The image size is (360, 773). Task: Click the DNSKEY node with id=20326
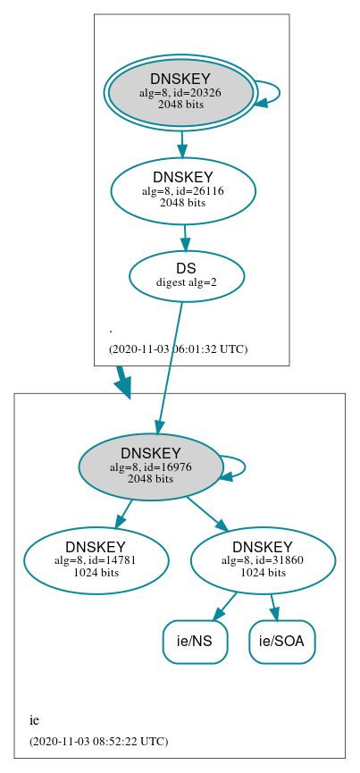pyautogui.click(x=180, y=91)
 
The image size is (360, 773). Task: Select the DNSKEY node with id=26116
pyautogui.click(x=183, y=190)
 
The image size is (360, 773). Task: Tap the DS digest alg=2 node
pyautogui.click(x=187, y=275)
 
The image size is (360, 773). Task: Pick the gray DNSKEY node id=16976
pyautogui.click(x=150, y=466)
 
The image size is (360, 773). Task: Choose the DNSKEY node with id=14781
pyautogui.click(x=96, y=560)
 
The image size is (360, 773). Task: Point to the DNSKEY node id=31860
pyautogui.click(x=263, y=560)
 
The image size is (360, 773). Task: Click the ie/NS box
pyautogui.click(x=195, y=641)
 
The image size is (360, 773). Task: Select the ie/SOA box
pyautogui.click(x=282, y=641)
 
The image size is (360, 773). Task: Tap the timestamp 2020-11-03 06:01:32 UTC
pyautogui.click(x=178, y=349)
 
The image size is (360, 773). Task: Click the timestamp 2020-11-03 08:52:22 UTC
pyautogui.click(x=98, y=741)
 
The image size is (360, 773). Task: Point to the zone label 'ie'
pyautogui.click(x=34, y=719)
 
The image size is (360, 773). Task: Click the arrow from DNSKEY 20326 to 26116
pyautogui.click(x=181, y=143)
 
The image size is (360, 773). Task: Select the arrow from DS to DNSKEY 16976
pyautogui.click(x=170, y=366)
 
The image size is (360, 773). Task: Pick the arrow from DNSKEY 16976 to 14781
pyautogui.click(x=123, y=515)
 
